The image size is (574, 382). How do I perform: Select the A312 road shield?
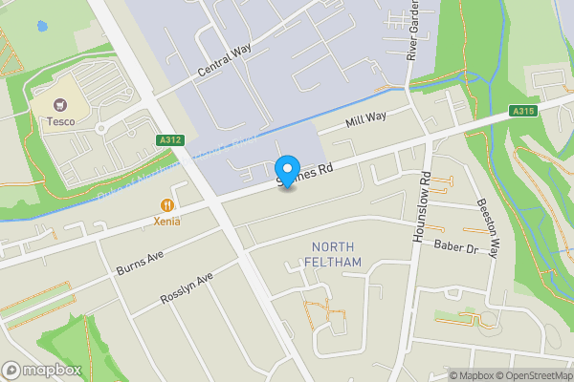coord(170,140)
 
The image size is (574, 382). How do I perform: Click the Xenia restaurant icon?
coord(167,203)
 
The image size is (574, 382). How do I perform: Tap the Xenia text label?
coord(166,221)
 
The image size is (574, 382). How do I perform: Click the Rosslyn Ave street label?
coord(186,290)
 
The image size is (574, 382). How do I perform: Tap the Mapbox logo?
coord(42,370)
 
